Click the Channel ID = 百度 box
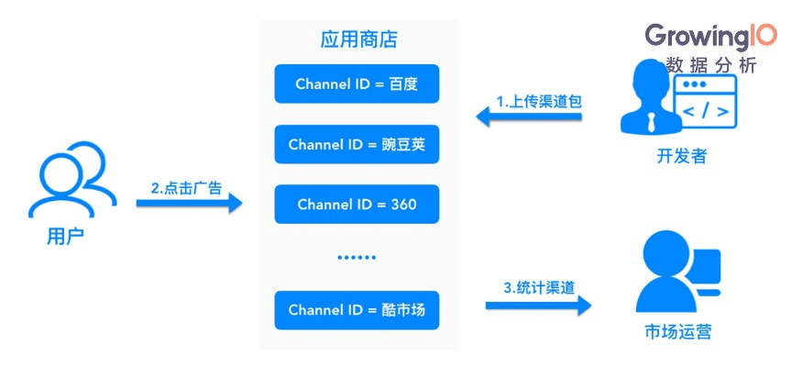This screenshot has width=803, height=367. point(357,83)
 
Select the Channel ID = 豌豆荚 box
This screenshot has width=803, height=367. point(357,144)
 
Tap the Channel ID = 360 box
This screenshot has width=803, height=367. point(357,204)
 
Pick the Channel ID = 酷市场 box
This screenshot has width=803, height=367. point(357,310)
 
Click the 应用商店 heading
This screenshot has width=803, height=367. point(358,40)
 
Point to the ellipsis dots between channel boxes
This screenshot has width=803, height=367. point(357,258)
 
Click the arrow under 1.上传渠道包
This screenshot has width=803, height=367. point(529,117)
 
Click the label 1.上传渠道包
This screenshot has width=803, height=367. point(539,99)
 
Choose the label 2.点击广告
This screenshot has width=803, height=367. point(186,187)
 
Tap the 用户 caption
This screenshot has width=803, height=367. point(65,237)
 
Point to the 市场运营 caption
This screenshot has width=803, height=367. point(676,331)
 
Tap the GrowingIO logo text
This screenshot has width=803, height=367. point(710,36)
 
